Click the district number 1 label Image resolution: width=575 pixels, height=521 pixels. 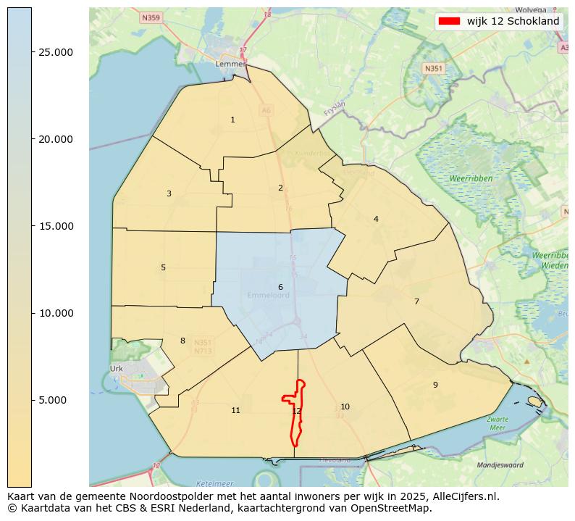[x=232, y=120]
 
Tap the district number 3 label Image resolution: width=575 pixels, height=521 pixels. [x=169, y=193]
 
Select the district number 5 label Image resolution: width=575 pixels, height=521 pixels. [x=163, y=267]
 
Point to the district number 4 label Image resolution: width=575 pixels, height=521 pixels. [x=376, y=219]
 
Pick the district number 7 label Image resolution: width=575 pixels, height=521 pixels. [x=416, y=301]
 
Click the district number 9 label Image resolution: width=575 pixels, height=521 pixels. [x=435, y=385]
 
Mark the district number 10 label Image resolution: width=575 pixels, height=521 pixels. [x=345, y=407]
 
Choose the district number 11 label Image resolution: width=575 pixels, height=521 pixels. [x=235, y=410]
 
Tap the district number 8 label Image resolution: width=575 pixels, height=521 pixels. [x=182, y=341]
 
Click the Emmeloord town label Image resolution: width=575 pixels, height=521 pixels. [x=268, y=296]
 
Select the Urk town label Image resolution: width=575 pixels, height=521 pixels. [x=117, y=369]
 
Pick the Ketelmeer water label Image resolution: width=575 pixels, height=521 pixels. [x=214, y=483]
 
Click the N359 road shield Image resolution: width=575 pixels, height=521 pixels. [x=151, y=17]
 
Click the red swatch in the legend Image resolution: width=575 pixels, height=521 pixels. [x=449, y=21]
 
